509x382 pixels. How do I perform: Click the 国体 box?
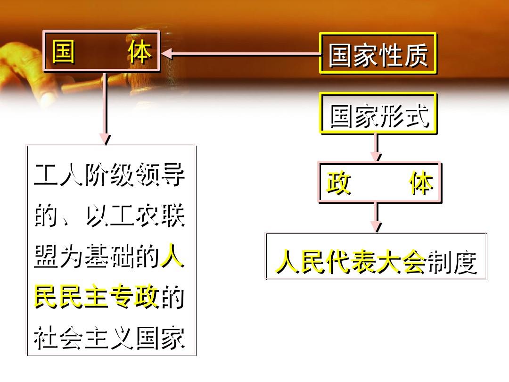[102, 51]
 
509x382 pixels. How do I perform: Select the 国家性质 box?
[378, 53]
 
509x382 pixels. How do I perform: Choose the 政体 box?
[379, 182]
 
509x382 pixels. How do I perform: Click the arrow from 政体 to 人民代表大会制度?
[377, 217]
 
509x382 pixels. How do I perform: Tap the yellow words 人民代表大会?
[351, 261]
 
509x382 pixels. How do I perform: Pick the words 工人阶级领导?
[109, 175]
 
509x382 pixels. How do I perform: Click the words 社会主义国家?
[109, 338]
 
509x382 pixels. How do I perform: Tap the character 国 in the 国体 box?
[64, 51]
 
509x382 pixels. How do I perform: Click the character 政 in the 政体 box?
[338, 183]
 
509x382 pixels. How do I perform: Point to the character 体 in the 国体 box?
[140, 51]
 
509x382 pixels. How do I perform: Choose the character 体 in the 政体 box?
[421, 183]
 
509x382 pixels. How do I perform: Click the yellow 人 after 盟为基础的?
[172, 256]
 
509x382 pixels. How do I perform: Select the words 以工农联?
[135, 216]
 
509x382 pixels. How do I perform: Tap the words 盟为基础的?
[97, 256]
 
